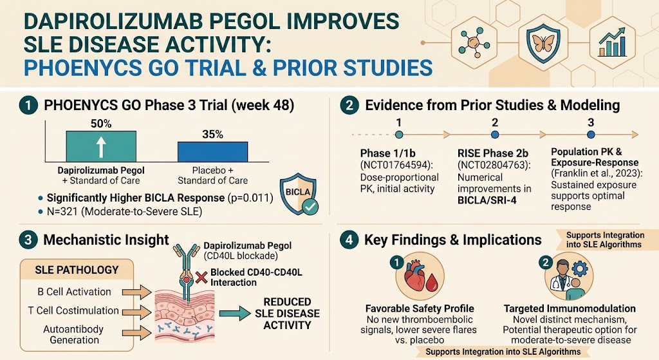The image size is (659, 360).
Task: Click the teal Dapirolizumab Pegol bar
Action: coord(101,146)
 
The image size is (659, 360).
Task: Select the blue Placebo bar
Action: coord(212,151)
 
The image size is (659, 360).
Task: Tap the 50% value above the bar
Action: coord(101,124)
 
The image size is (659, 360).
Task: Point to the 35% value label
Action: coord(212,135)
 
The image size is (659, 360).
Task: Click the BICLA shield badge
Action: coord(299,194)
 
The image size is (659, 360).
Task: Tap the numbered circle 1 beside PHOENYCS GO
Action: coord(28,105)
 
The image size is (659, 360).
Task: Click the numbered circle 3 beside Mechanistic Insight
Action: coord(28,240)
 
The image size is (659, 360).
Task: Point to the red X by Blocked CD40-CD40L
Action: coord(201,277)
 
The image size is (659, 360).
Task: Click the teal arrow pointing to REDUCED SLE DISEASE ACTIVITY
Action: coord(234,314)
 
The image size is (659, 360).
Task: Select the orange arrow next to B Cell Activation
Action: coord(136,292)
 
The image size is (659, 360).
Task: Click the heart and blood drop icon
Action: coord(420,276)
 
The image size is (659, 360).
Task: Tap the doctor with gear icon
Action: coord(569,276)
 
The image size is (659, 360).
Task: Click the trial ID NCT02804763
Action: coord(494,166)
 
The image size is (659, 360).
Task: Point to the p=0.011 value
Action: coord(250,198)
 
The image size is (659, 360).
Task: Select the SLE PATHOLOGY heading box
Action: coord(77,270)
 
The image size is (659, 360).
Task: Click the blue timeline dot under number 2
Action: coord(495,135)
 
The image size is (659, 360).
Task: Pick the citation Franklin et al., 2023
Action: coord(597,174)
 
